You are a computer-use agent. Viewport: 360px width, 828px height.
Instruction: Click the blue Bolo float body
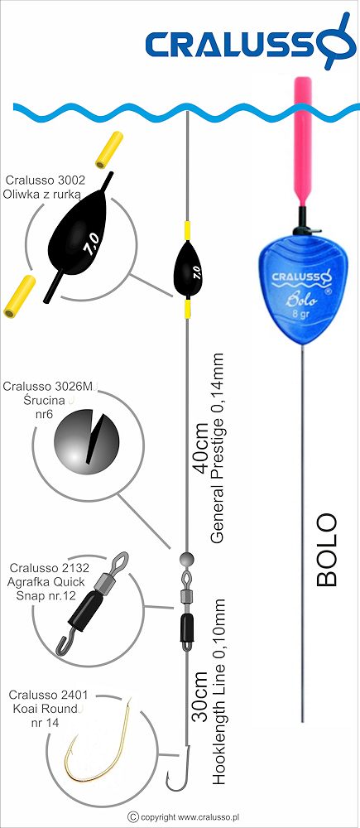(x=302, y=290)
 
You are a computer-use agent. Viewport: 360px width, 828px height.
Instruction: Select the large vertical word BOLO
(x=327, y=549)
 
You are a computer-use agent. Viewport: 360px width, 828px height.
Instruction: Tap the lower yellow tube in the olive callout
(x=19, y=296)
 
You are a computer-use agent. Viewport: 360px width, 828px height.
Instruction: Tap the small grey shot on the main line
(x=187, y=558)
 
